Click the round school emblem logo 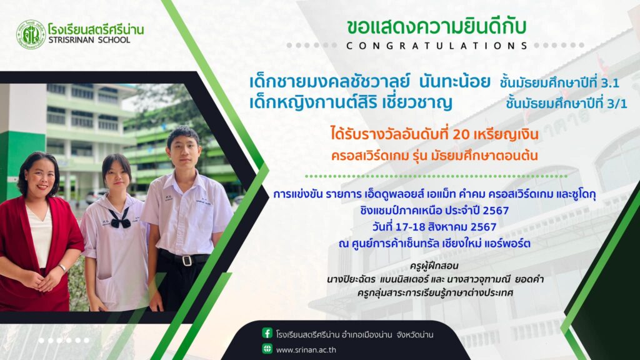point(31,35)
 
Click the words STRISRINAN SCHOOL point(89,40)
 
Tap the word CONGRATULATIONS point(437,46)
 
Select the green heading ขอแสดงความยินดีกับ point(436,26)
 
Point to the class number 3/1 point(616,103)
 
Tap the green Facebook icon point(267,333)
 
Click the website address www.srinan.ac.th point(306,350)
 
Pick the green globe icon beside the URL point(267,349)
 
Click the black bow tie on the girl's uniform point(120,218)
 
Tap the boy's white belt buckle point(187,260)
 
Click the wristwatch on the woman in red point(62,268)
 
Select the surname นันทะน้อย point(454,82)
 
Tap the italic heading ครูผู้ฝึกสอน point(434,266)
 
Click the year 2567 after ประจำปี point(496,211)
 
